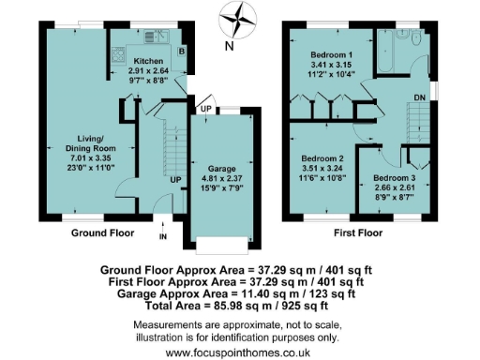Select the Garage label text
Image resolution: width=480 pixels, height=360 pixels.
[221, 170]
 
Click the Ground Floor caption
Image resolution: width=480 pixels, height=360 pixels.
[103, 232]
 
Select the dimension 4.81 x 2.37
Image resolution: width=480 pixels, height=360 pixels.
[221, 180]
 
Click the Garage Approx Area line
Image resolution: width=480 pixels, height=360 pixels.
[239, 292]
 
